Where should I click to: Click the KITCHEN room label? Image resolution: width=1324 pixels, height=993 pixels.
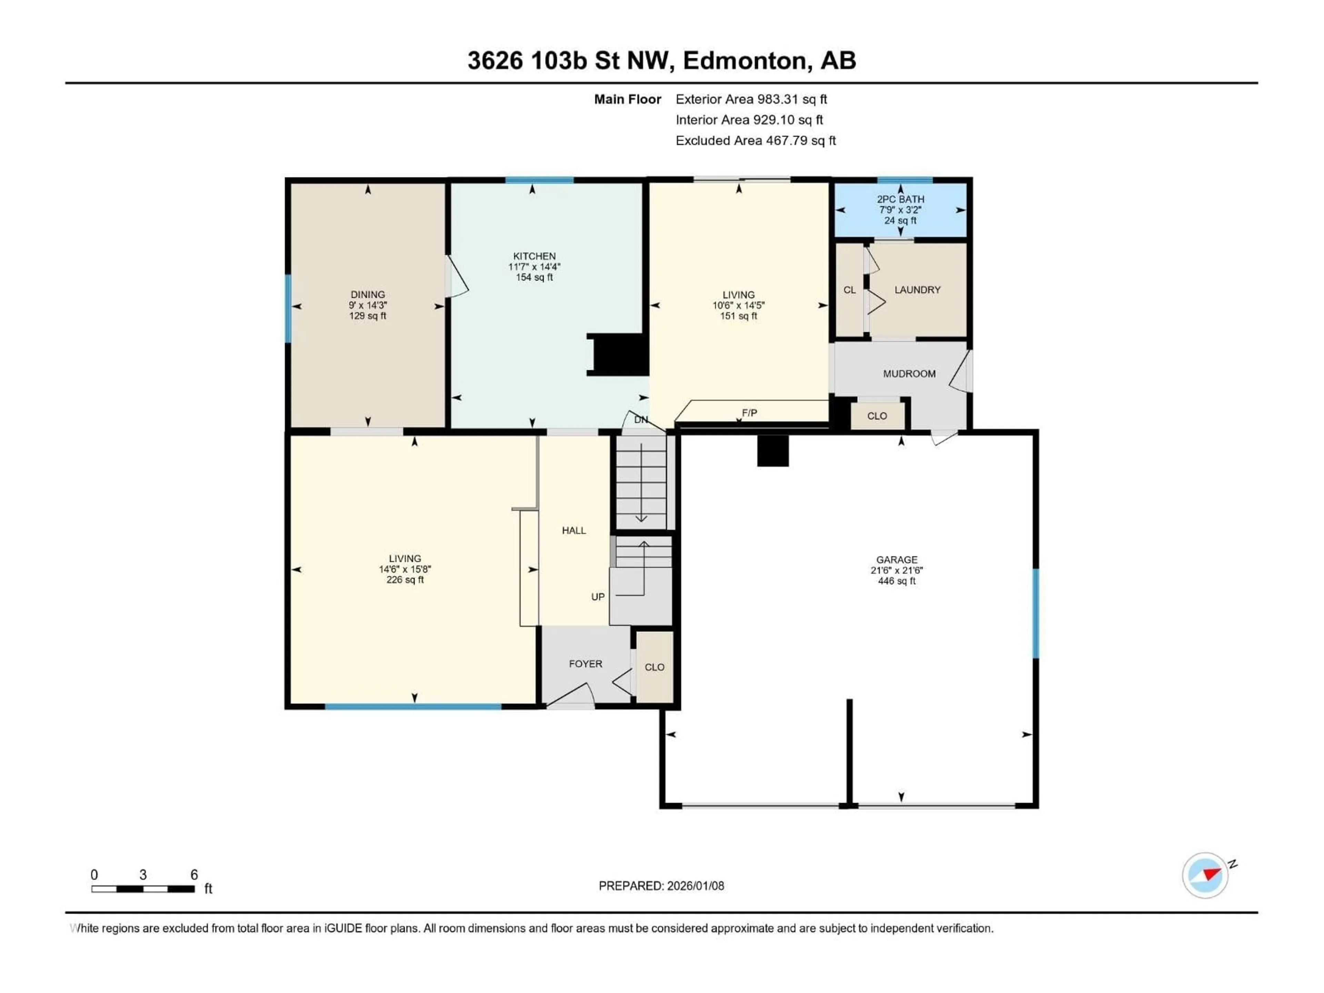coord(534,256)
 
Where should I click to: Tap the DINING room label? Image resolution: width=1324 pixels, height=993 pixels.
coord(368,294)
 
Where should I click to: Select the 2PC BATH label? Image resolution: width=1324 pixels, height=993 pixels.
coord(900,199)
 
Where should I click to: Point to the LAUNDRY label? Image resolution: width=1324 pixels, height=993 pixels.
coord(917,290)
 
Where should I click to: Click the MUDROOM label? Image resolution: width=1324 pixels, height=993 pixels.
coord(909,373)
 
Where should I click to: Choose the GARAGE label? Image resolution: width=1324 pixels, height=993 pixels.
coord(896,560)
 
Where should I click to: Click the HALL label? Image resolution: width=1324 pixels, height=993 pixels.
coord(573,530)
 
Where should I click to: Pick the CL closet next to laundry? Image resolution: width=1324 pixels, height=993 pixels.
coord(849,290)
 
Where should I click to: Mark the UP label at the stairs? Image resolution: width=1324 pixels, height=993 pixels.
coord(598,597)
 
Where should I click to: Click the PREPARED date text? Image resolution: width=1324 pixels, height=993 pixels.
coord(661,886)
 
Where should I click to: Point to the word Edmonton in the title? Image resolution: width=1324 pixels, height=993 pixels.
coord(744,60)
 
